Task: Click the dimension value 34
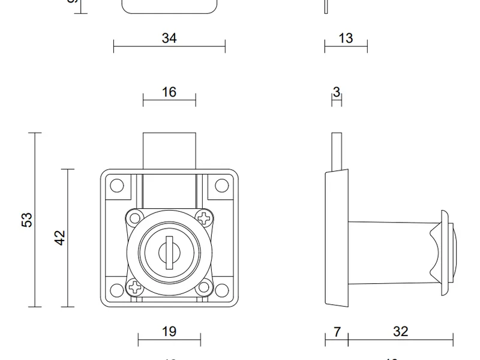click(169, 38)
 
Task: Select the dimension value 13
click(346, 38)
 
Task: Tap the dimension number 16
click(169, 92)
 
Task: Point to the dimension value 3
click(336, 92)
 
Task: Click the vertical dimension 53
click(27, 220)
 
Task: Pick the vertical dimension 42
click(59, 238)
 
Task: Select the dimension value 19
click(169, 331)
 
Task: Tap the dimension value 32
click(400, 331)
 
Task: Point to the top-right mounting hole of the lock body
click(220, 185)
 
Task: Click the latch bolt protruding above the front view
click(169, 150)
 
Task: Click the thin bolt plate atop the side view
click(337, 150)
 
